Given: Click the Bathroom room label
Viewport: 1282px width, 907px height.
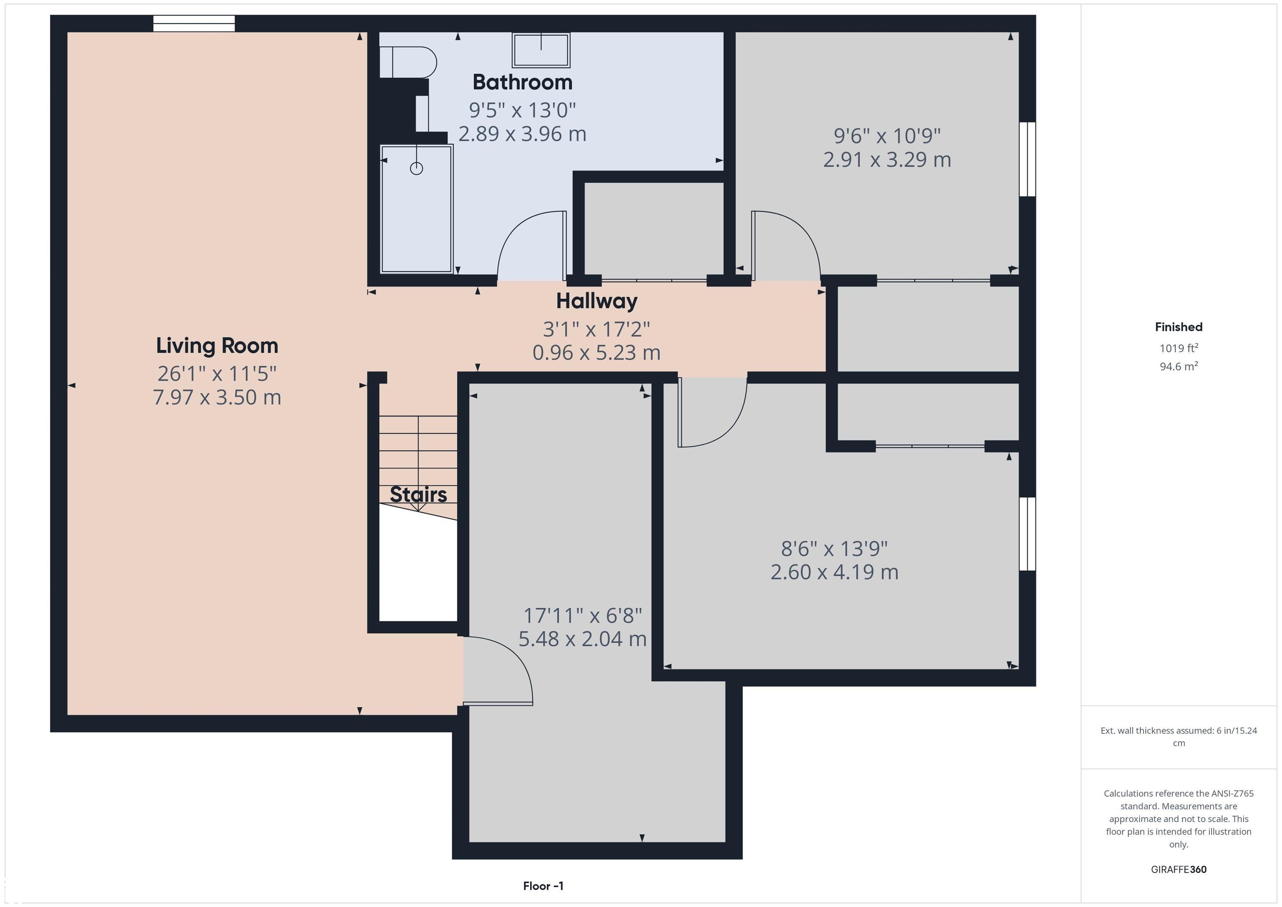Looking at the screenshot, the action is (x=522, y=83).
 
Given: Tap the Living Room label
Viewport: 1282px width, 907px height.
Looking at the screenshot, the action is (x=217, y=346).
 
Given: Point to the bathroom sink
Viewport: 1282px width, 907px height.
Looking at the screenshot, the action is (x=541, y=50).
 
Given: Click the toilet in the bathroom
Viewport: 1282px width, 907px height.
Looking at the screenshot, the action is (x=408, y=62).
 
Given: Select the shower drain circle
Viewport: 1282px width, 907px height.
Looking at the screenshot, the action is (x=416, y=168).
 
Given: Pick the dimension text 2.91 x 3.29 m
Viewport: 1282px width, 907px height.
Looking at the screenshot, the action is (x=887, y=160).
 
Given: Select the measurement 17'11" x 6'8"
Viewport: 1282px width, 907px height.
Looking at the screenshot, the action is (x=583, y=616).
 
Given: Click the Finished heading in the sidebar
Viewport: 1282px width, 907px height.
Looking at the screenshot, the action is (x=1179, y=327).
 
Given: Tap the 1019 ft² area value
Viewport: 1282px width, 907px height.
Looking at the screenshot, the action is (x=1179, y=349).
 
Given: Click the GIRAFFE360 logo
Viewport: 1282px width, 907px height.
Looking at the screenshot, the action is (x=1179, y=869).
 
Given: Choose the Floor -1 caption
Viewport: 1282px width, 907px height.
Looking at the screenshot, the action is (x=543, y=886).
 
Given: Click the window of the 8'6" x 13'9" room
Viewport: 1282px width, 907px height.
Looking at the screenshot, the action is (x=1027, y=534).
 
